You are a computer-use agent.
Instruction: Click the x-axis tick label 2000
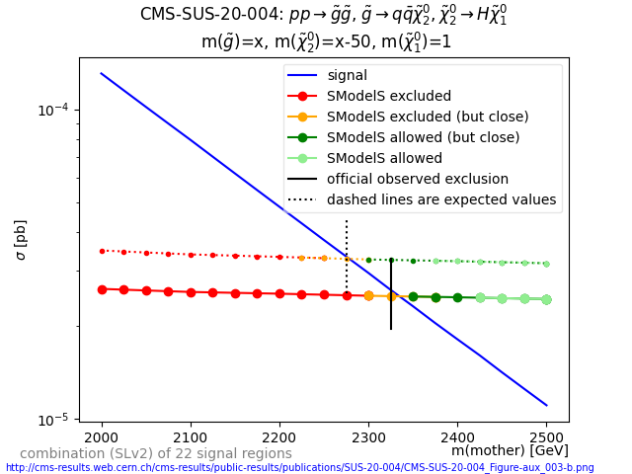pyautogui.click(x=102, y=436)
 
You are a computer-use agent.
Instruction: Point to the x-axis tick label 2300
pyautogui.click(x=368, y=436)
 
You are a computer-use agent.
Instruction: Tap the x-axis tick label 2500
pyautogui.click(x=546, y=436)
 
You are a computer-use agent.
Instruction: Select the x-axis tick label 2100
pyautogui.click(x=191, y=436)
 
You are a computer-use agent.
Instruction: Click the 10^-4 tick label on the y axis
pyautogui.click(x=54, y=110)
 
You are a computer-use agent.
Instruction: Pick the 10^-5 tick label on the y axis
pyautogui.click(x=54, y=420)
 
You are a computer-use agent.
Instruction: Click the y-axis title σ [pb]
pyautogui.click(x=21, y=240)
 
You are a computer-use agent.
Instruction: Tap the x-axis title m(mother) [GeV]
pyautogui.click(x=510, y=450)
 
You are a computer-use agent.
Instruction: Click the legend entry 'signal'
pyautogui.click(x=347, y=75)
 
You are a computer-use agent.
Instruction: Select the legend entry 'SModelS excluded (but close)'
pyautogui.click(x=428, y=117)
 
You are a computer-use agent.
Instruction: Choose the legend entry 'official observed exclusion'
pyautogui.click(x=418, y=179)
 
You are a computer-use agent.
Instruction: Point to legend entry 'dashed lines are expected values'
pyautogui.click(x=441, y=199)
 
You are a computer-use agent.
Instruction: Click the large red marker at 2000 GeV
pyautogui.click(x=102, y=289)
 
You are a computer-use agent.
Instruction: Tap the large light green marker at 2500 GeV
pyautogui.click(x=546, y=299)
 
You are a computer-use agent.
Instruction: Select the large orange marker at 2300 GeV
pyautogui.click(x=368, y=295)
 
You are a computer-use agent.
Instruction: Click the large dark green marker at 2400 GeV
pyautogui.click(x=457, y=297)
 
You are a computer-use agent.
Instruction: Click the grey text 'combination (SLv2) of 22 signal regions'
pyautogui.click(x=156, y=454)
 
